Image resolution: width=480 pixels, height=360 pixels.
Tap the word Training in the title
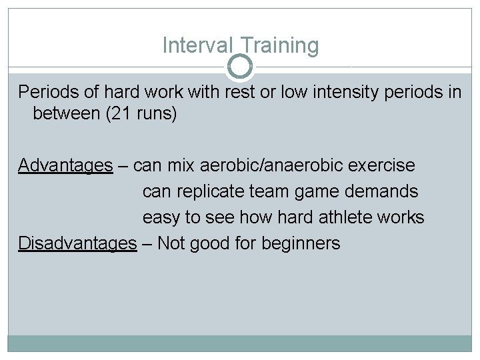pyautogui.click(x=280, y=46)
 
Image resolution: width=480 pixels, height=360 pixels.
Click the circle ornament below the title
pyautogui.click(x=240, y=67)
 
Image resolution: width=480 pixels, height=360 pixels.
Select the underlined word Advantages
pyautogui.click(x=65, y=165)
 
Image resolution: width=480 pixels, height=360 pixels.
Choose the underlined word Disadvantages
pyautogui.click(x=77, y=243)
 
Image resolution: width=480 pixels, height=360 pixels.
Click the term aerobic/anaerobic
pyautogui.click(x=262, y=165)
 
